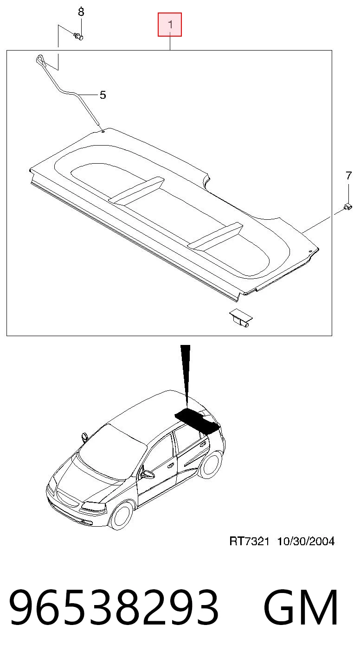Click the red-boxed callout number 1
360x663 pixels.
170,25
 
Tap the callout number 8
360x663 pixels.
81,12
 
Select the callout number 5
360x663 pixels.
103,95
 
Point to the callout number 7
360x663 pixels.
349,176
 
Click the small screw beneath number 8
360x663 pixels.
78,36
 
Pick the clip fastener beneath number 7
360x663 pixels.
347,207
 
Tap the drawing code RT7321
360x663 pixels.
249,542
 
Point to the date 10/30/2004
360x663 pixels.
306,542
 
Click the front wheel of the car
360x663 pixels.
122,516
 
